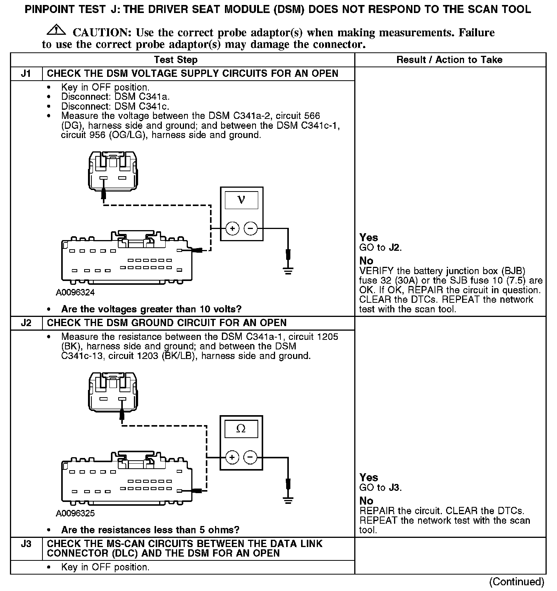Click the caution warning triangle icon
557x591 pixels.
(x=55, y=29)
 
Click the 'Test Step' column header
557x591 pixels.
(x=176, y=60)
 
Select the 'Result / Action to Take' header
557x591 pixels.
(x=449, y=60)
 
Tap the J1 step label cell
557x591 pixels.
(x=26, y=73)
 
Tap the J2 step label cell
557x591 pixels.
(x=26, y=323)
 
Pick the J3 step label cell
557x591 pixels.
(x=26, y=544)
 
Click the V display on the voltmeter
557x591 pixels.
(x=241, y=200)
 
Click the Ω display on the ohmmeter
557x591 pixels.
(x=241, y=429)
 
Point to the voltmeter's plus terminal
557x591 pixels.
(x=232, y=229)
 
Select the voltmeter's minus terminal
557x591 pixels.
(x=251, y=229)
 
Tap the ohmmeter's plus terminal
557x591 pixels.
(x=232, y=457)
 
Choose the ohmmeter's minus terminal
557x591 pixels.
(x=250, y=457)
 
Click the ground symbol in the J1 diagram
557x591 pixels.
(x=288, y=271)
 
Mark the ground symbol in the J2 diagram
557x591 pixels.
(x=288, y=499)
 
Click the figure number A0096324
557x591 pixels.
(x=75, y=292)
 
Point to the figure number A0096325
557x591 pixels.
(x=75, y=513)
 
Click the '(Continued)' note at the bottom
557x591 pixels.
(x=516, y=581)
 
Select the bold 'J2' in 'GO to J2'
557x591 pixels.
(x=394, y=247)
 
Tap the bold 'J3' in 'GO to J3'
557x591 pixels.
(x=394, y=487)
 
